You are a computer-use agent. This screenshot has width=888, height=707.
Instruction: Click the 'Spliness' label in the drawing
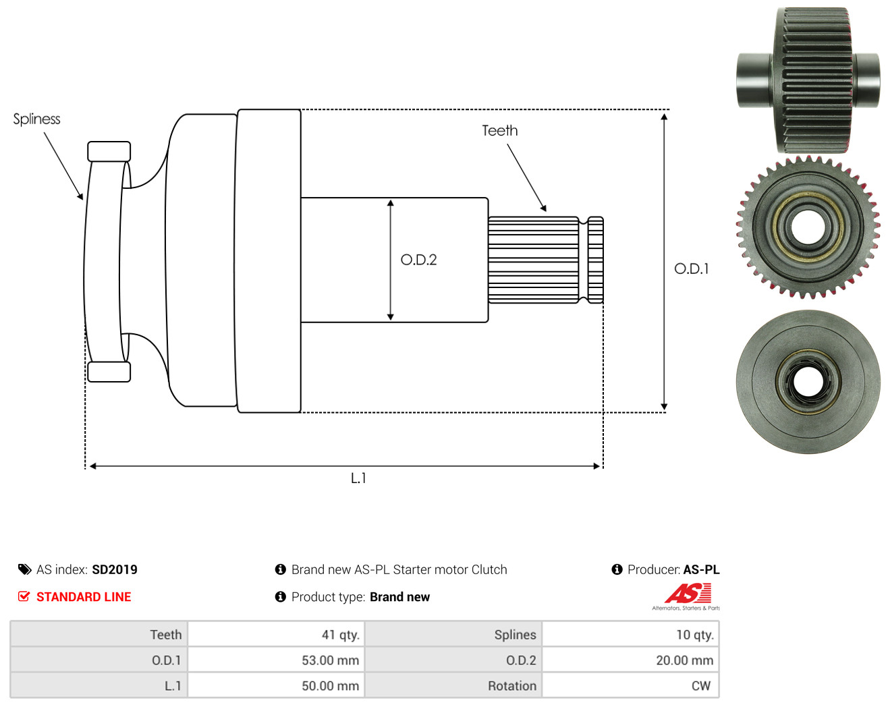pyautogui.click(x=36, y=119)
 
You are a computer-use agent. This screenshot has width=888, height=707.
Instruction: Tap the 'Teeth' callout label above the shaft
pyautogui.click(x=500, y=131)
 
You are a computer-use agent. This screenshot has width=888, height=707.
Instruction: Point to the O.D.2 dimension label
pyautogui.click(x=418, y=260)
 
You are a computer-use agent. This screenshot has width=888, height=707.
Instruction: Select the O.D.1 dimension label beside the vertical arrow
pyautogui.click(x=691, y=269)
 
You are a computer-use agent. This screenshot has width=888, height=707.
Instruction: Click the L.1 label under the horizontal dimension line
pyautogui.click(x=358, y=478)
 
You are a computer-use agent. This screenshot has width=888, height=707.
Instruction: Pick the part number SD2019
pyautogui.click(x=115, y=569)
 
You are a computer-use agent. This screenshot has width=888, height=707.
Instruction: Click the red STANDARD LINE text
pyautogui.click(x=84, y=597)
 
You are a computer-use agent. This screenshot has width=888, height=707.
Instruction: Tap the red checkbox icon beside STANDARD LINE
pyautogui.click(x=24, y=596)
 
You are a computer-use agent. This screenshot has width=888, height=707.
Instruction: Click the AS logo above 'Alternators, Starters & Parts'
pyautogui.click(x=688, y=593)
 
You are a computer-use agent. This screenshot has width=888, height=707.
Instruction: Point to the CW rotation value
pyautogui.click(x=701, y=685)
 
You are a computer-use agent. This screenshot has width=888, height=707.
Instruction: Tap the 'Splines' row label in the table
pyautogui.click(x=515, y=634)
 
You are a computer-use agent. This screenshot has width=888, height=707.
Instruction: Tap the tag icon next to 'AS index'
pyautogui.click(x=25, y=569)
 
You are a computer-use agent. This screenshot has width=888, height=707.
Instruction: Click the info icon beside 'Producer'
pyautogui.click(x=617, y=569)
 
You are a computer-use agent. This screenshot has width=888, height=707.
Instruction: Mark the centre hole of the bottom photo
pyautogui.click(x=808, y=382)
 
